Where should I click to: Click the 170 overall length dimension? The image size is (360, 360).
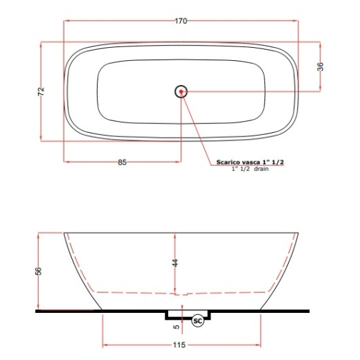[181, 21]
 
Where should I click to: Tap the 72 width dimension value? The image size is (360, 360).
[41, 91]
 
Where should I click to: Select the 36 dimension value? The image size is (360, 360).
[321, 66]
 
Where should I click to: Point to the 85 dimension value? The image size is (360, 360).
[123, 162]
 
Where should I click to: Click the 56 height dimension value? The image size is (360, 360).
[39, 271]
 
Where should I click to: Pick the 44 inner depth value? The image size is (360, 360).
[175, 263]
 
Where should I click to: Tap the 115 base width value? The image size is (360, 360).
[179, 345]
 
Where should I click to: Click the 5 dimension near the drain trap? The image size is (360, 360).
[177, 327]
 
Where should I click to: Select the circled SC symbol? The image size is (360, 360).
[198, 321]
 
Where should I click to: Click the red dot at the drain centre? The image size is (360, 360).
[181, 91]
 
